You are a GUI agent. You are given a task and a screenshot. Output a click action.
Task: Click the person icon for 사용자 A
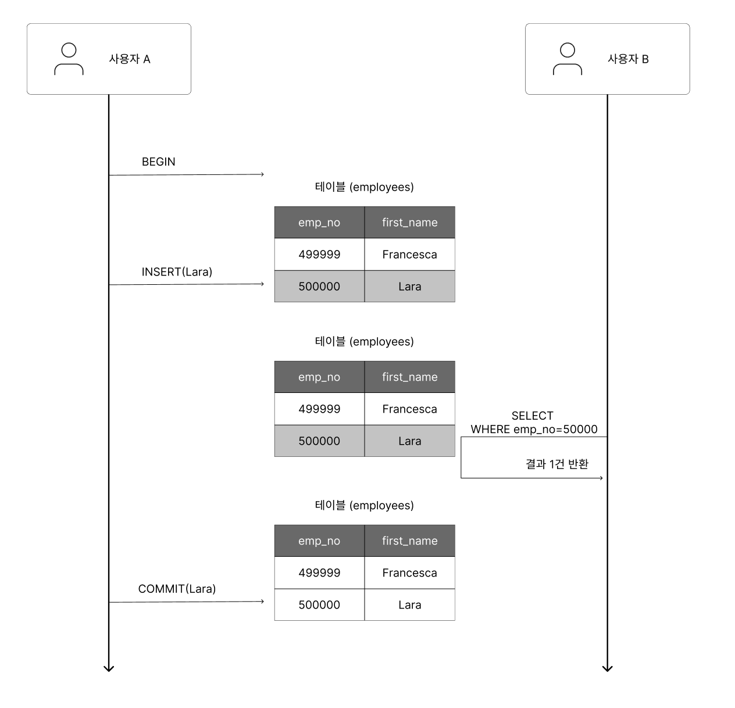point(69,59)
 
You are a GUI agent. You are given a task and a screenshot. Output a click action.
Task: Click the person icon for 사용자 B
point(568,59)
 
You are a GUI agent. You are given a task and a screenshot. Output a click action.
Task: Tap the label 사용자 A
point(130,59)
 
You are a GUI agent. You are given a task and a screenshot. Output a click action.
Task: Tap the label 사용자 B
point(628,59)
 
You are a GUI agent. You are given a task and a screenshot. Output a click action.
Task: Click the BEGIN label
point(158,162)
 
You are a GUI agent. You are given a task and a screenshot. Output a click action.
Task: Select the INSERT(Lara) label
point(177,272)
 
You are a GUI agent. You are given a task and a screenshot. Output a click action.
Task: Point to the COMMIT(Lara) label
point(177,589)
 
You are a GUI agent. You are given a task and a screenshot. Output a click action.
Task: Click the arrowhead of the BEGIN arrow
point(262,174)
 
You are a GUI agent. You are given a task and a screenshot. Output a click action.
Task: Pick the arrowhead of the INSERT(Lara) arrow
point(262,284)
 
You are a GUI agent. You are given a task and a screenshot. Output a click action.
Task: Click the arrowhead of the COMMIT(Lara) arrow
point(262,601)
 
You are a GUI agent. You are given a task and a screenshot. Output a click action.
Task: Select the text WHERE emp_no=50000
point(534,430)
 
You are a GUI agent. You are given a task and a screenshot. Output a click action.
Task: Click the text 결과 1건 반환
point(557,464)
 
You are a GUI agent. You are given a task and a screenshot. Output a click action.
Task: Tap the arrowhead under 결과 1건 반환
point(601,478)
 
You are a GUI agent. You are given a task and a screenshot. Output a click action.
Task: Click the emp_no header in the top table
point(319,223)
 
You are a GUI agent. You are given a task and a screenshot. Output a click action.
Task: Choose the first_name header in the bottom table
point(410,541)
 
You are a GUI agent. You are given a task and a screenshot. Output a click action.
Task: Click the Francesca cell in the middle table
point(410,409)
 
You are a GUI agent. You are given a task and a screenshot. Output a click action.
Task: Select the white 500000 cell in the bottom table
point(319,605)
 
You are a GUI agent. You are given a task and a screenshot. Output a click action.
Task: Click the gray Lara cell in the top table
point(410,286)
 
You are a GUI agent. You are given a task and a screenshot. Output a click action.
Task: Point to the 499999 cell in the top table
point(319,254)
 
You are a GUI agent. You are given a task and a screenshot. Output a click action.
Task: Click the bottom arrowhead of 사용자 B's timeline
point(607,669)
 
